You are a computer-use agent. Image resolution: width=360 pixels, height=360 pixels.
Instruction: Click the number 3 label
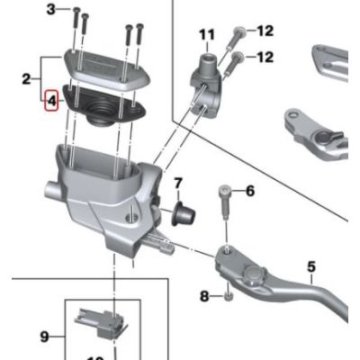pyautogui.click(x=50, y=8)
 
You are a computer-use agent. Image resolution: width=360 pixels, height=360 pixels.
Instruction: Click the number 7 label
pyautogui.click(x=177, y=184)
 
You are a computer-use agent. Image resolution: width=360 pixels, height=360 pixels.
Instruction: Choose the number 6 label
pyautogui.click(x=250, y=191)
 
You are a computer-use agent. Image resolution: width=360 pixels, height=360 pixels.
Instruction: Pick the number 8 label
pyautogui.click(x=203, y=295)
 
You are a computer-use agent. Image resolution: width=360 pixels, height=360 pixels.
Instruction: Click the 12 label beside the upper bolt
pyautogui.click(x=264, y=31)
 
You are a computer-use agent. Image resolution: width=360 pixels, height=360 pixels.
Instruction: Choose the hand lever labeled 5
pyautogui.click(x=270, y=279)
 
